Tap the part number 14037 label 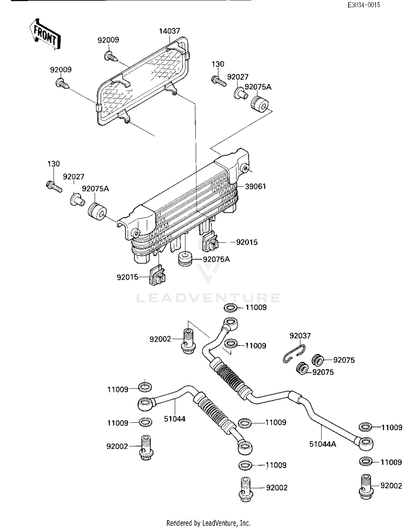point(169,31)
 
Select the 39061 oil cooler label point(255,186)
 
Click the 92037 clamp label point(300,336)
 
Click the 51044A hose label point(322,444)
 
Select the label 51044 point(175,419)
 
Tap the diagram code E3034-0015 point(364,5)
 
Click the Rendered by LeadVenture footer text point(208,523)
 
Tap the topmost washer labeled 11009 point(230,308)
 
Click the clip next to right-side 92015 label point(210,241)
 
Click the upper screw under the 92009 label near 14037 point(111,57)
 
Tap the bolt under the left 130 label point(54,186)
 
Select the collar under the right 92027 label point(241,93)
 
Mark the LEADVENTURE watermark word point(208,298)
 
